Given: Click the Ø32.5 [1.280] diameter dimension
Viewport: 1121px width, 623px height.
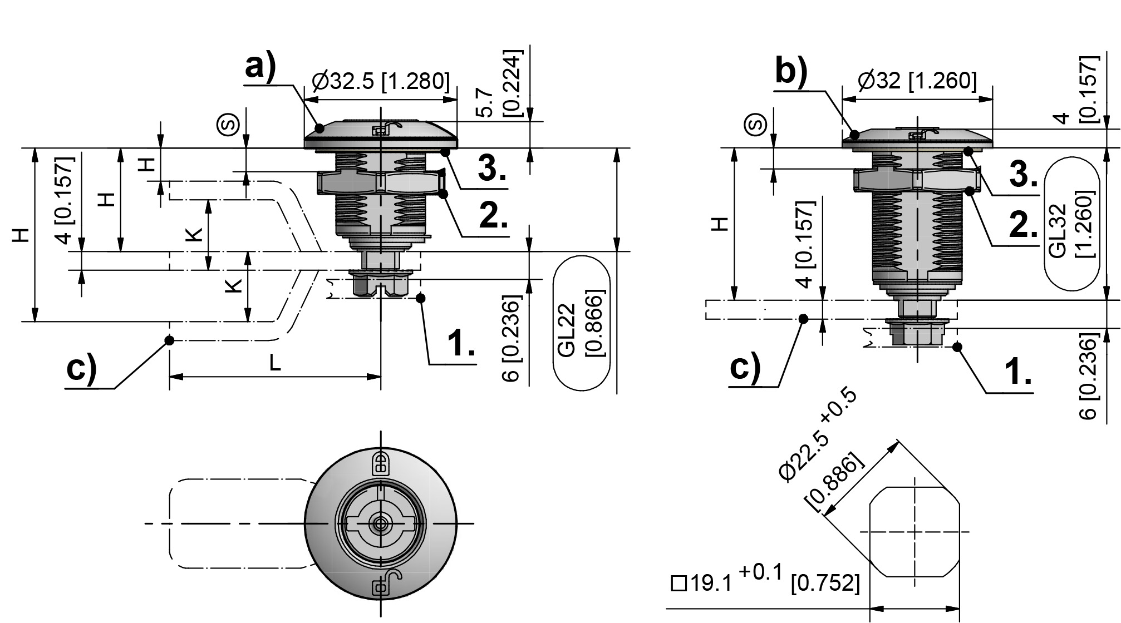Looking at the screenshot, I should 381,81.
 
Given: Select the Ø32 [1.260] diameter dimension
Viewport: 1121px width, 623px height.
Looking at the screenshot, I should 917,81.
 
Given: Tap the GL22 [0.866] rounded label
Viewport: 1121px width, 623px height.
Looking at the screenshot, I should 581,324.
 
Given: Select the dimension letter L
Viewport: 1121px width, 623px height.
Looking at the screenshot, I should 275,363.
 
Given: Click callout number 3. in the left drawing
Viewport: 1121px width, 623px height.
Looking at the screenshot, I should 492,168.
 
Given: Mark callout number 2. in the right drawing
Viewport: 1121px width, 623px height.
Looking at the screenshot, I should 1023,226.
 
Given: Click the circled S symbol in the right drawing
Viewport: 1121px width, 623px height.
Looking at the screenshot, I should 756,125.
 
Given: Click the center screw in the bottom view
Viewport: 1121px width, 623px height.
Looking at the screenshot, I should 381,523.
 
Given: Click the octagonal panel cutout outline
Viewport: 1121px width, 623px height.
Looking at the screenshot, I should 914,532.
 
